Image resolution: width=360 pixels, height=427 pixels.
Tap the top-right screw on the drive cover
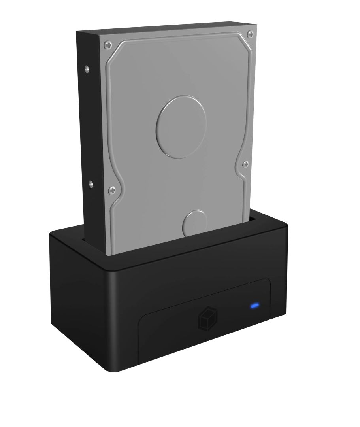coord(249,35)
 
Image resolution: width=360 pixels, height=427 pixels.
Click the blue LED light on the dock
coord(254,306)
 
